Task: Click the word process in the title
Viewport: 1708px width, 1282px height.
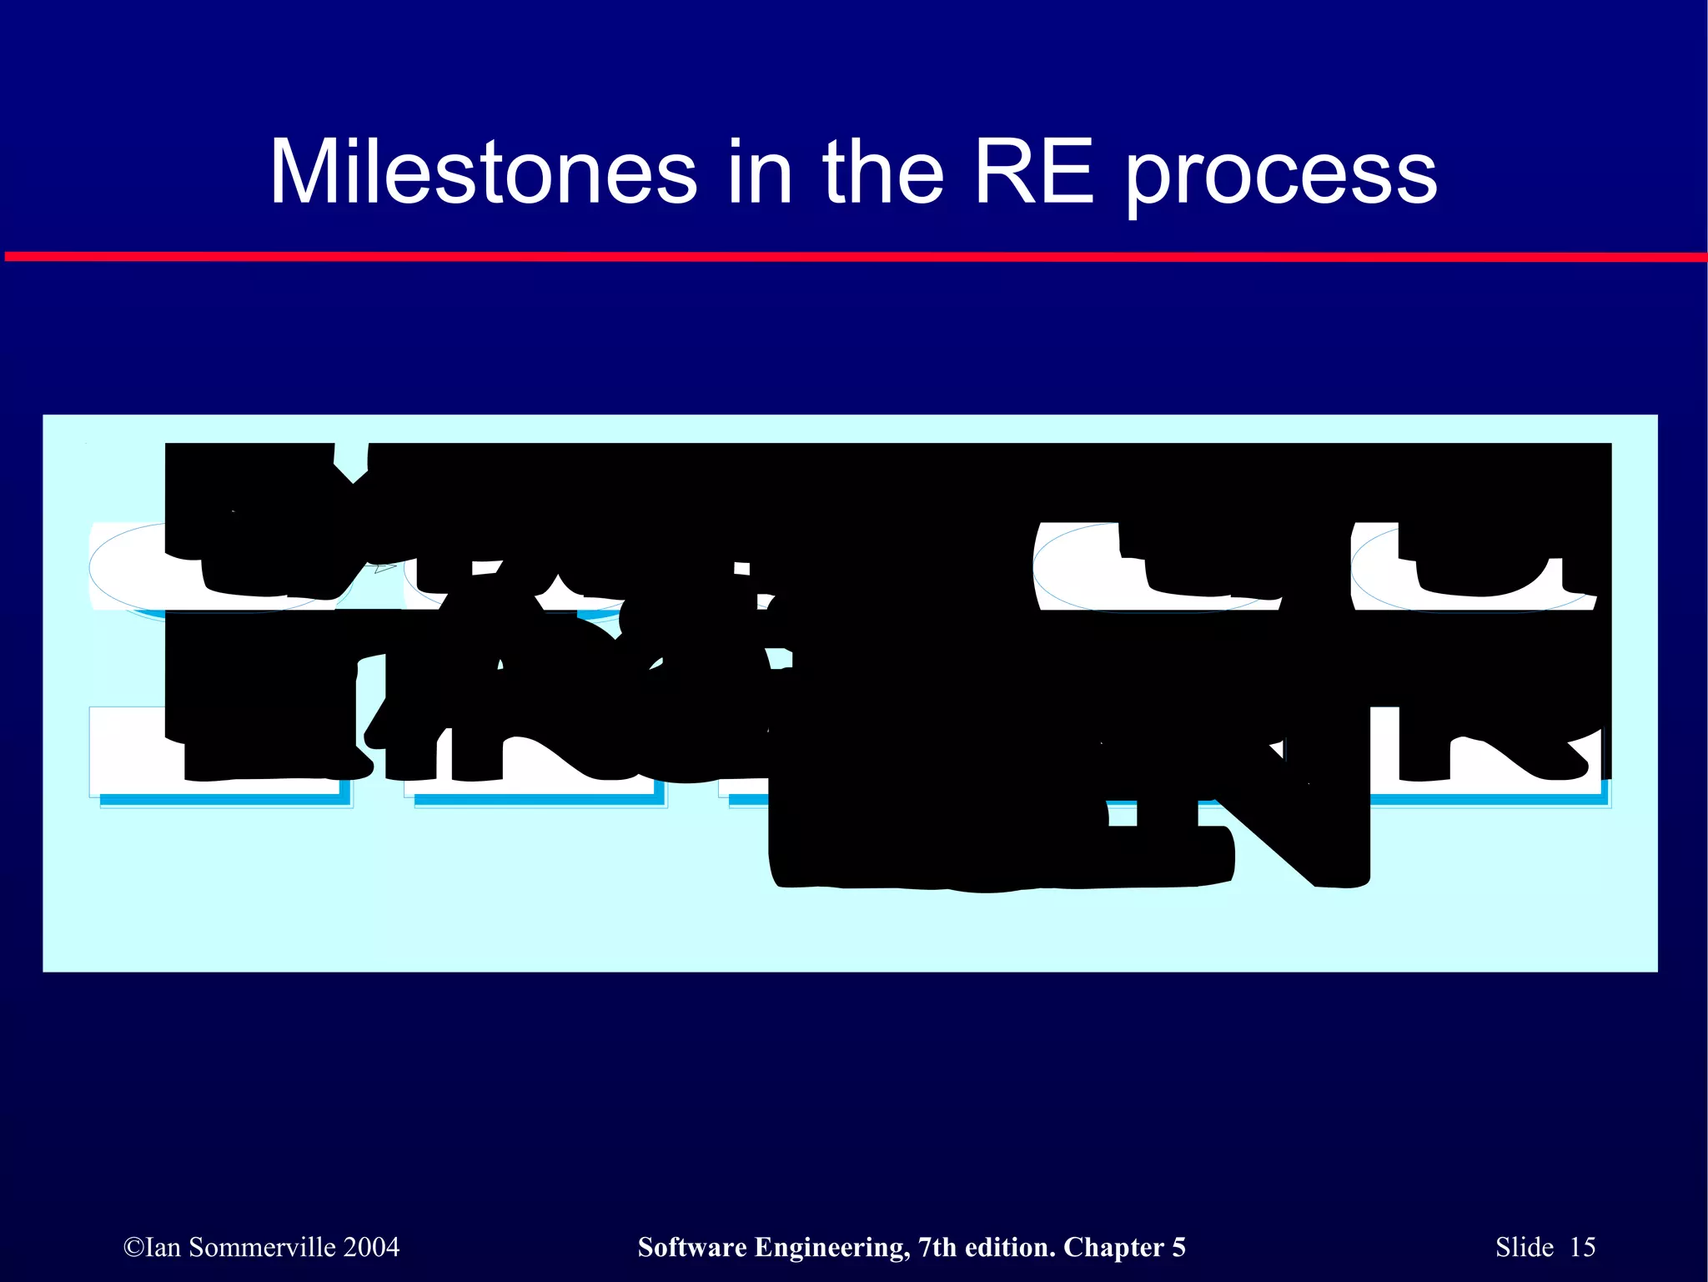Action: [x=1282, y=175]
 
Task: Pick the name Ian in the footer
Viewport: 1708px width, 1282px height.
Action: [x=163, y=1247]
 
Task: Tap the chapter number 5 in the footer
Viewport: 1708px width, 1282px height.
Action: [x=1178, y=1247]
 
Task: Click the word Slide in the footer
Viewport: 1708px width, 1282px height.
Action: [x=1525, y=1247]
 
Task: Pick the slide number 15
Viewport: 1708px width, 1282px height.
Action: [x=1582, y=1247]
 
